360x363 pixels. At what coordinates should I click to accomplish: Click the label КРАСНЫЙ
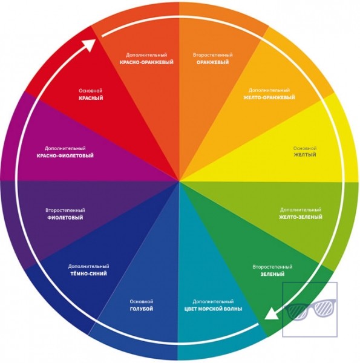[91, 98]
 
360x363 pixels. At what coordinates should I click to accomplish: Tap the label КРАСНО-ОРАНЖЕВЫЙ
[146, 62]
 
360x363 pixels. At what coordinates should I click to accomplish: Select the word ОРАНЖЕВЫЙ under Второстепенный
[212, 62]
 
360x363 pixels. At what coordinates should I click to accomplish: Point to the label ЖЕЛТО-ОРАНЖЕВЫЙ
[269, 97]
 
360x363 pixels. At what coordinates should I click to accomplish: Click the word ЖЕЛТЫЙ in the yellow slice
[305, 155]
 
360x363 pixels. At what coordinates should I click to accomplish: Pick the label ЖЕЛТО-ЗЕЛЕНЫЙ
[301, 217]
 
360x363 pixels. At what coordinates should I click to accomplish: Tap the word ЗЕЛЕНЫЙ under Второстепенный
[272, 274]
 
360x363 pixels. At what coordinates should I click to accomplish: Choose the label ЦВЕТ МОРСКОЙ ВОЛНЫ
[213, 309]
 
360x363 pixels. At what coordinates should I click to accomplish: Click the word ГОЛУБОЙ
[142, 309]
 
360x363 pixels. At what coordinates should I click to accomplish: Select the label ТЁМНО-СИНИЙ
[88, 273]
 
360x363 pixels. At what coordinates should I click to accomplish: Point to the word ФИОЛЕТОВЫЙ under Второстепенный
[65, 218]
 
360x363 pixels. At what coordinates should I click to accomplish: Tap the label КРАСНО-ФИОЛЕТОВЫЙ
[65, 155]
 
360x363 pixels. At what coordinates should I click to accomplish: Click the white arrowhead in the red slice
[90, 45]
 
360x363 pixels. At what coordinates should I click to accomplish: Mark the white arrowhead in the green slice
[271, 314]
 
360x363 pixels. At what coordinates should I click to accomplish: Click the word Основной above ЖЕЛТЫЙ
[305, 148]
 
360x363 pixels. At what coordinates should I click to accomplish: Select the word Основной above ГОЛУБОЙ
[142, 301]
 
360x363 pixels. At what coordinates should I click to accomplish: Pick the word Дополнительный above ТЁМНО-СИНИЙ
[88, 266]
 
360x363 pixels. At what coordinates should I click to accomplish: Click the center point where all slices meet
[179, 181]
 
